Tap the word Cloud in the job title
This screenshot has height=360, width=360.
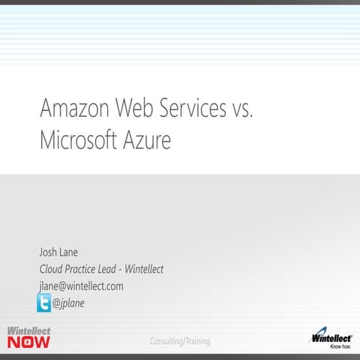click(52, 269)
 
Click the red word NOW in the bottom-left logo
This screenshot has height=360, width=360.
click(30, 343)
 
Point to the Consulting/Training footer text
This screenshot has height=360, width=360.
click(180, 341)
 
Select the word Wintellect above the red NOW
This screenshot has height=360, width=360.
click(30, 331)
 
